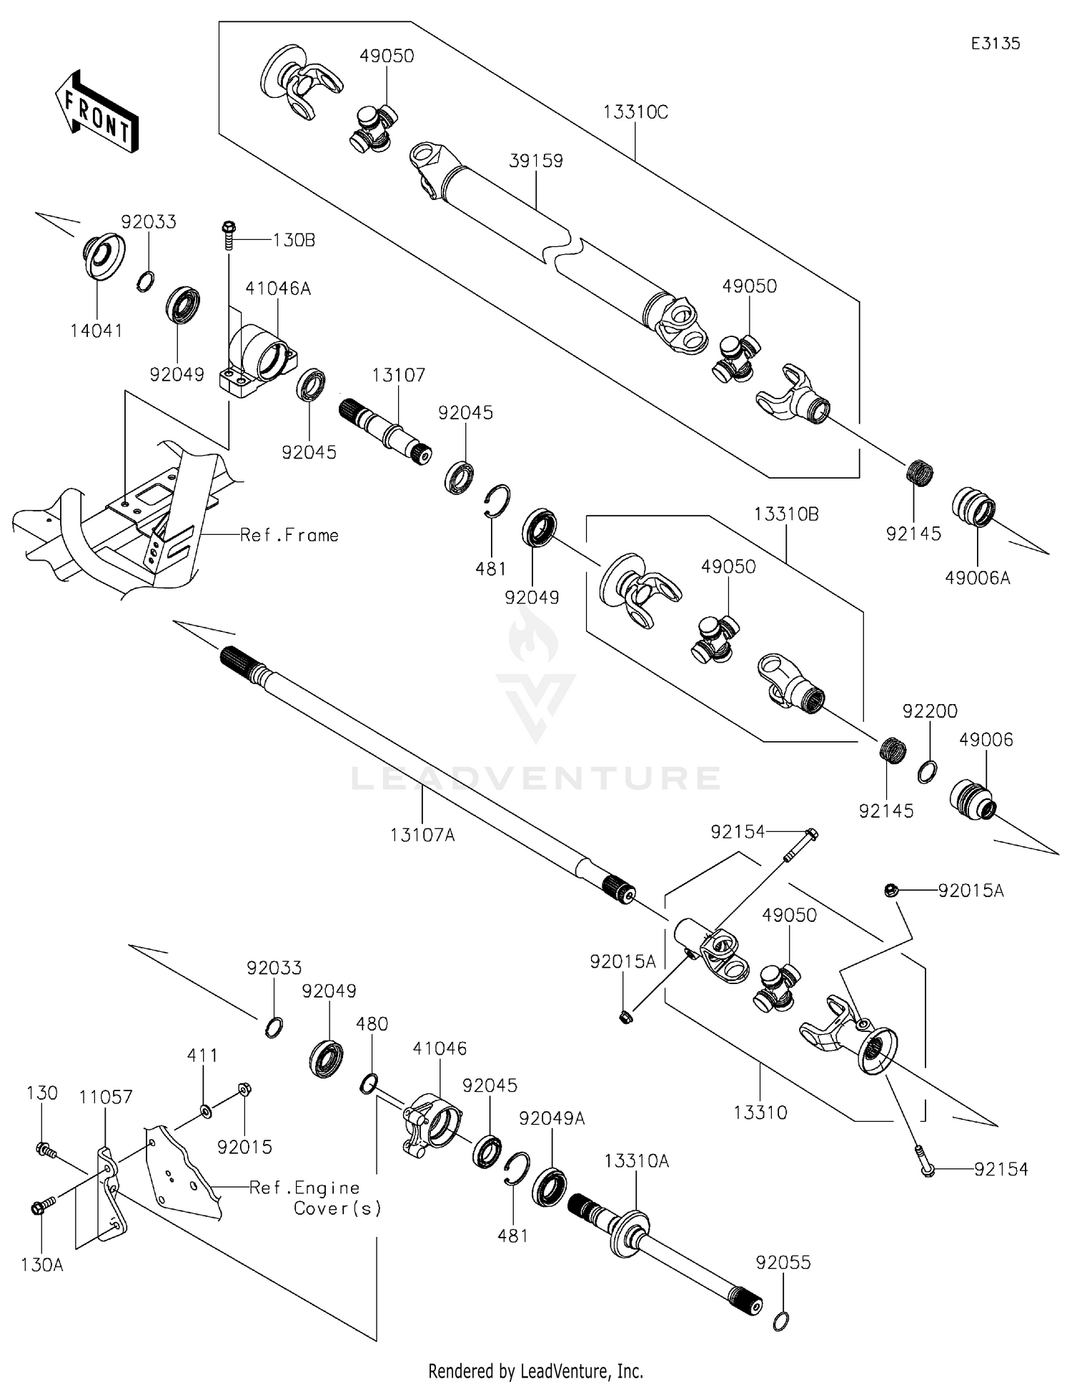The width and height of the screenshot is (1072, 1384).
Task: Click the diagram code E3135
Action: pos(995,44)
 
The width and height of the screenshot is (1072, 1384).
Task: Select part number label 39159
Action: pos(535,161)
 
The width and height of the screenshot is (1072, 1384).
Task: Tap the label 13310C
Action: pos(635,113)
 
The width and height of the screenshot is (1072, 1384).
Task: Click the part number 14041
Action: pos(96,331)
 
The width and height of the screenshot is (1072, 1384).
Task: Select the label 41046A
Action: pos(278,289)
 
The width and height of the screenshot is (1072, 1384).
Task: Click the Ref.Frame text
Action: pos(289,536)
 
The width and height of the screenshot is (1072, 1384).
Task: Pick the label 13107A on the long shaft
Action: pos(422,834)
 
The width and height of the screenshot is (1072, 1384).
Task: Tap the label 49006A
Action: pos(977,578)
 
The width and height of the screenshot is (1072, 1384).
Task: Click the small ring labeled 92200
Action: pos(927,772)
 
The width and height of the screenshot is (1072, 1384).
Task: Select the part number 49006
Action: pos(986,740)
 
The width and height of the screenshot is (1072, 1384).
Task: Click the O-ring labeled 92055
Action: pos(782,1321)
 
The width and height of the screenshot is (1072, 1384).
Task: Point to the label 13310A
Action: pos(636,1161)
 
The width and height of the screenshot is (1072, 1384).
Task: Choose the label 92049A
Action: pos(552,1118)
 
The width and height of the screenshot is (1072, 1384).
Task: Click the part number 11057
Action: pos(106,1097)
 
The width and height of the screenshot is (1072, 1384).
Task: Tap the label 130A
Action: pos(42,1265)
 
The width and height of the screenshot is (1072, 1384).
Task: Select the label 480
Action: pos(372,1024)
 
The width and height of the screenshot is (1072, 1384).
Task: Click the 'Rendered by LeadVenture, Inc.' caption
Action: pos(535,1371)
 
